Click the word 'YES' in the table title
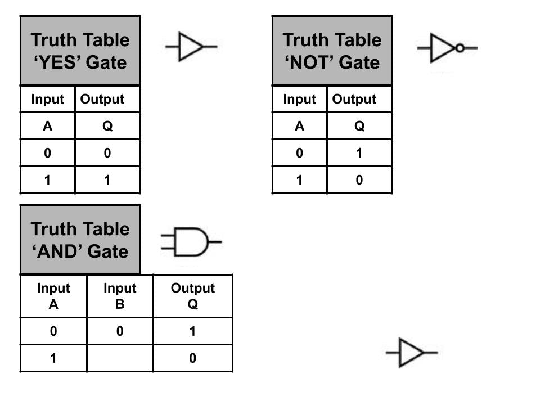[58, 62]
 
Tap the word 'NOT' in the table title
[310, 62]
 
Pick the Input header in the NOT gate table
[299, 100]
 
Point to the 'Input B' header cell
[120, 296]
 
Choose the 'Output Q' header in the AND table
[192, 296]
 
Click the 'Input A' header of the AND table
[53, 296]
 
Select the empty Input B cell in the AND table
[120, 358]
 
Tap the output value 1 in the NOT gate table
[359, 153]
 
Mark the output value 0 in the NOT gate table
[359, 180]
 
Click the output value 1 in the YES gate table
[107, 180]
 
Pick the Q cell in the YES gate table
[107, 127]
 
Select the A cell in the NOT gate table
[299, 127]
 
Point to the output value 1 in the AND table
[192, 331]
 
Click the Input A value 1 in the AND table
[53, 358]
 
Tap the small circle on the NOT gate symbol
[460, 48]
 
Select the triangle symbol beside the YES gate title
[192, 47]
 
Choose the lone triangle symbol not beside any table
[412, 353]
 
